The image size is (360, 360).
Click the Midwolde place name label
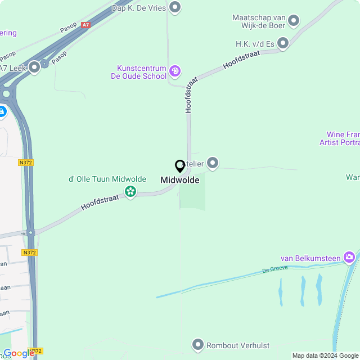coord(180,180)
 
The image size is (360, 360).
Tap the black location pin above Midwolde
coord(180,166)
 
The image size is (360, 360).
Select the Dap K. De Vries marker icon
coord(175,7)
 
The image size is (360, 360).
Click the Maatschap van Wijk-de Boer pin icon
coord(294,21)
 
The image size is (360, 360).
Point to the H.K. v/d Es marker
coord(283,43)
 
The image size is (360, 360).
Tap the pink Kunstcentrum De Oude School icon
coord(175,71)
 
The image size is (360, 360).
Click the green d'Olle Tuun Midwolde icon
coord(130,192)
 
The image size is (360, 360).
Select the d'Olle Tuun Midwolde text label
coord(107,179)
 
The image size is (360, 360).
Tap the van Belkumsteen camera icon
coord(350,258)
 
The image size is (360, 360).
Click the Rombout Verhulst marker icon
coord(198,344)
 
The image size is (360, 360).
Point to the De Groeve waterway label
coord(275,269)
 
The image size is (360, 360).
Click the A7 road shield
coord(85,25)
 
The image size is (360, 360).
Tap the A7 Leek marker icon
coord(34,67)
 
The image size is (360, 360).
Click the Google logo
coord(19,353)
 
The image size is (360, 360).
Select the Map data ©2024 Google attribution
coord(325,355)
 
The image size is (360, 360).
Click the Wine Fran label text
coord(343,135)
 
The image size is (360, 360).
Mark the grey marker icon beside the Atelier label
coord(213,163)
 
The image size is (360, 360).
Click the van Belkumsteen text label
coord(310,258)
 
